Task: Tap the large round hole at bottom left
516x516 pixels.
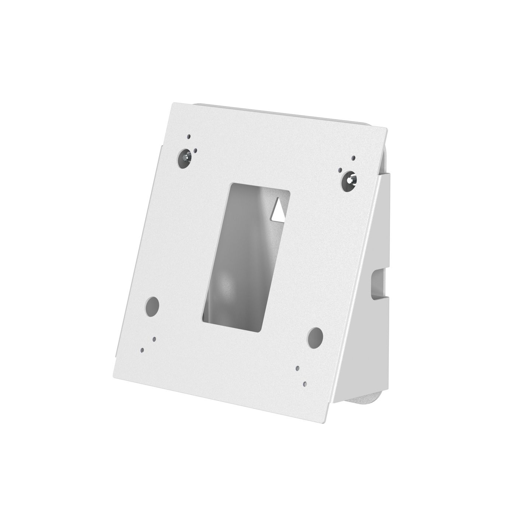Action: click(x=151, y=306)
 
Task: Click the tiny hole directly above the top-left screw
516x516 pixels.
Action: click(x=188, y=136)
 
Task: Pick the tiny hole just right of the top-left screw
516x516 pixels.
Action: click(x=196, y=150)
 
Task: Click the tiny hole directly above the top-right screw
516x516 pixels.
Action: click(x=353, y=158)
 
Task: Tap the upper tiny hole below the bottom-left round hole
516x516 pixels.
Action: click(x=154, y=338)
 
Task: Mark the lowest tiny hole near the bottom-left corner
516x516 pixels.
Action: click(x=142, y=351)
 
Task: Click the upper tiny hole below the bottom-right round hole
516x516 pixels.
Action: click(x=297, y=368)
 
